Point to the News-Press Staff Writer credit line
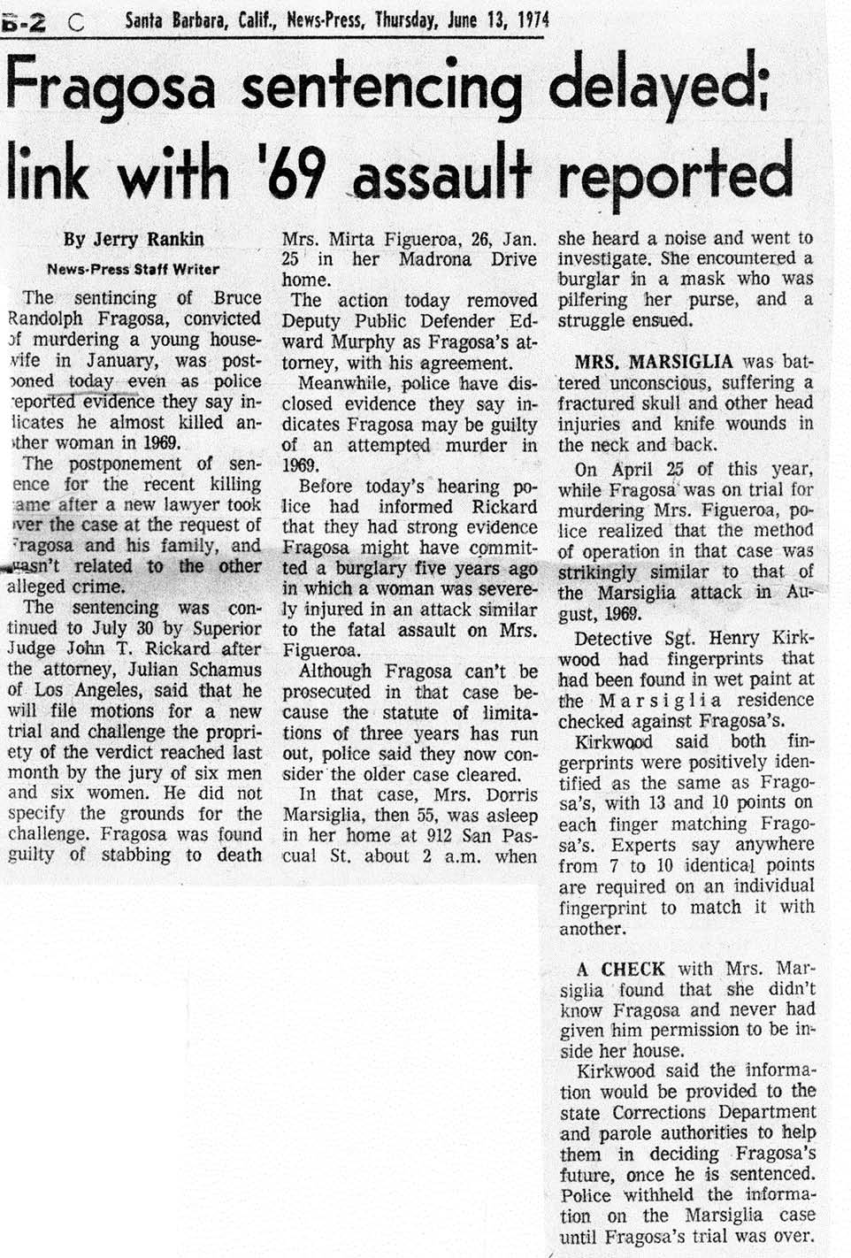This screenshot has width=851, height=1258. [x=133, y=269]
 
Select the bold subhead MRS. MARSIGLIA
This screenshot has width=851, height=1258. [x=654, y=362]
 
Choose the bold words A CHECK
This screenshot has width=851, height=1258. [x=620, y=969]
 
